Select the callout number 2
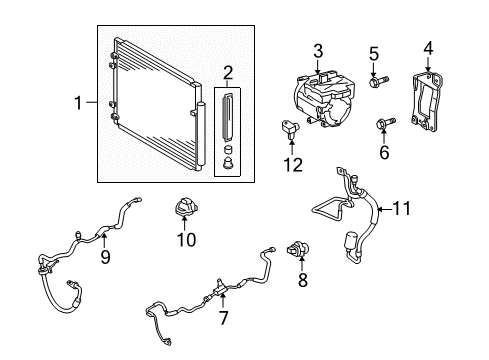tap(229, 72)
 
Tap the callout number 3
tap(317, 51)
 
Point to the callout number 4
tap(428, 46)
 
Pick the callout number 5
tap(374, 52)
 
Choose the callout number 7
tap(223, 318)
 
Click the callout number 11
tap(402, 209)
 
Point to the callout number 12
tap(291, 164)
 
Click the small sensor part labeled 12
tap(287, 128)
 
